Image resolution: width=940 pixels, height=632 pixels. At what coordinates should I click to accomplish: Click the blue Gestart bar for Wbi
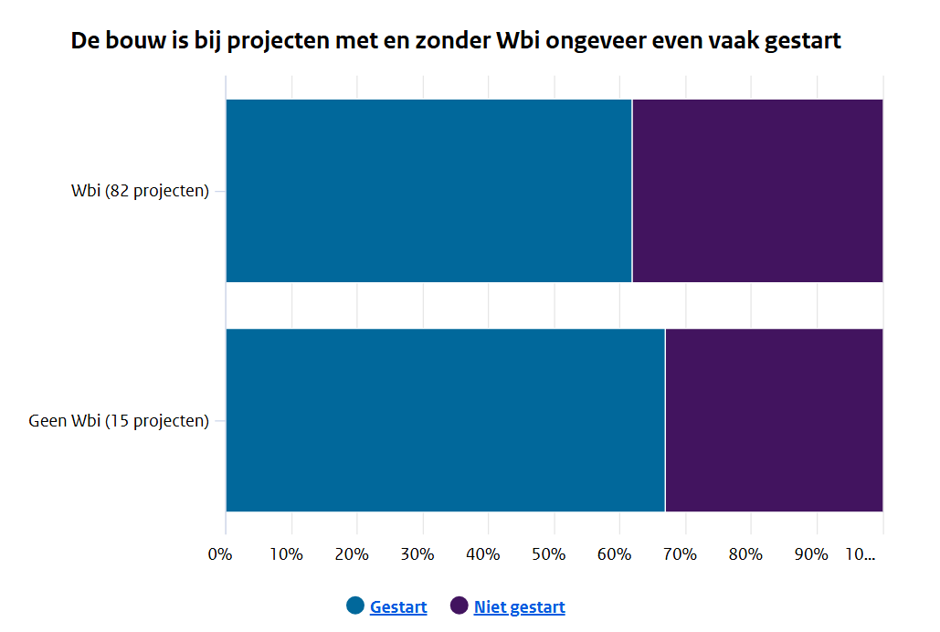[x=428, y=191]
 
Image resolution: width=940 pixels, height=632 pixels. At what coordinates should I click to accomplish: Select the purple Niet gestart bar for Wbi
[x=757, y=191]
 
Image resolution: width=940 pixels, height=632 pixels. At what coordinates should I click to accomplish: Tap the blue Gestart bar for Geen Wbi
[x=445, y=420]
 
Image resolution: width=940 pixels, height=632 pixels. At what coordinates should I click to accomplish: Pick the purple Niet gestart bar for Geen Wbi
[x=774, y=420]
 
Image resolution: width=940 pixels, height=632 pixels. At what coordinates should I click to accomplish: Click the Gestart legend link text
[x=398, y=607]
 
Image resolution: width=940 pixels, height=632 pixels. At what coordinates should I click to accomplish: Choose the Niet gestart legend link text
[x=519, y=607]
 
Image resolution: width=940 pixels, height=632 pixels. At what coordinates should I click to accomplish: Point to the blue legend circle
[x=355, y=606]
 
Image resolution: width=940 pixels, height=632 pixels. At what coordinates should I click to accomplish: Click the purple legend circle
[x=459, y=606]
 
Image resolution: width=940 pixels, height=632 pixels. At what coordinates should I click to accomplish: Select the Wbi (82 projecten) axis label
[x=140, y=192]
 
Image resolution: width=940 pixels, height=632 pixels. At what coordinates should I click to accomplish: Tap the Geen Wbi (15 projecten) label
[x=119, y=421]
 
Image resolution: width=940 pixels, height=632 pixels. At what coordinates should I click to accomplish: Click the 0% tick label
[x=220, y=554]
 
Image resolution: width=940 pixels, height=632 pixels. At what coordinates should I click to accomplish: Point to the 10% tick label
[x=285, y=554]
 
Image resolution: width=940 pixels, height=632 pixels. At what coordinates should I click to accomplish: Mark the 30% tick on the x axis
[x=417, y=554]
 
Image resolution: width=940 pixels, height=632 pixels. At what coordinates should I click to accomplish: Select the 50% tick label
[x=548, y=554]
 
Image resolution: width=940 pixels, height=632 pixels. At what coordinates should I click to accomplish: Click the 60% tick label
[x=614, y=554]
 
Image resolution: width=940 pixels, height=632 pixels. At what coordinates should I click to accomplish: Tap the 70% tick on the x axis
[x=680, y=554]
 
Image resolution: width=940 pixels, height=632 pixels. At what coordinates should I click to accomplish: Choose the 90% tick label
[x=810, y=554]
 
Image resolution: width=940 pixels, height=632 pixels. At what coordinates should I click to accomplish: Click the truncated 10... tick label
[x=861, y=554]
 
